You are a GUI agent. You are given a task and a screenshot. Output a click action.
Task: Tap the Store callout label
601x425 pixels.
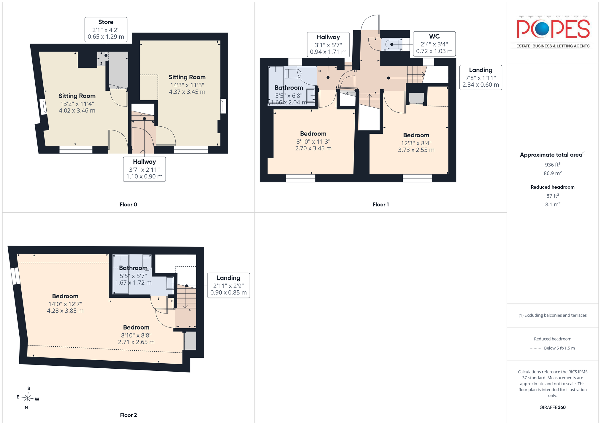click(x=106, y=29)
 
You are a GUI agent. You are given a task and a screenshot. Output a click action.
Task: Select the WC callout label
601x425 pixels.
click(x=434, y=44)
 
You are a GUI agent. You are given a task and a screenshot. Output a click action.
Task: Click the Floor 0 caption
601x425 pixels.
click(x=128, y=204)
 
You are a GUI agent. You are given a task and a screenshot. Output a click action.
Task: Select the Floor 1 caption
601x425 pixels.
click(x=380, y=204)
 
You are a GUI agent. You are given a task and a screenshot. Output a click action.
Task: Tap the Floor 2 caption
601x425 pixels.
click(x=128, y=415)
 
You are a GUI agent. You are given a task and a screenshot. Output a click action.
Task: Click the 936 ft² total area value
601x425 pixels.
click(x=552, y=165)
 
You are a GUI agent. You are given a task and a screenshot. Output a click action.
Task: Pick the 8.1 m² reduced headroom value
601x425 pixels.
click(x=552, y=204)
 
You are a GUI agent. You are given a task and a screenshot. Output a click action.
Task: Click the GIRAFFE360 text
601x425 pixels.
click(x=552, y=407)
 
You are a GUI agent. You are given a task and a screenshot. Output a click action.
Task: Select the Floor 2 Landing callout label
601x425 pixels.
click(x=229, y=285)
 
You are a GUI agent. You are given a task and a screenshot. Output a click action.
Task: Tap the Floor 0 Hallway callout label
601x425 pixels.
click(x=144, y=169)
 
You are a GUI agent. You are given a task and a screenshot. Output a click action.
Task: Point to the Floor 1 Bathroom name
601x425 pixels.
click(x=288, y=87)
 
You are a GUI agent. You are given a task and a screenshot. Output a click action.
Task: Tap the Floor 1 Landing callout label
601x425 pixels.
click(x=481, y=77)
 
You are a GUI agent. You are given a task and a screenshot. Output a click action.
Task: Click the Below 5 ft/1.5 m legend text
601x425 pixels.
click(x=559, y=348)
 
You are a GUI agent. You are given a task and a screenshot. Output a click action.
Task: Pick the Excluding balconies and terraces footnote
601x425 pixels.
click(x=552, y=315)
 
